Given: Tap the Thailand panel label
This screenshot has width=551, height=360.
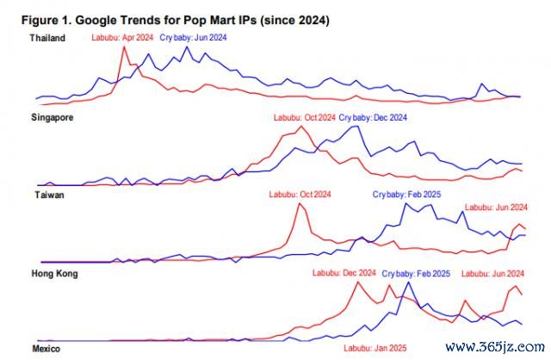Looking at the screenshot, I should click(x=47, y=38).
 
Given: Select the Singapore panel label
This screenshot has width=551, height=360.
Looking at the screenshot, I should click(x=51, y=117).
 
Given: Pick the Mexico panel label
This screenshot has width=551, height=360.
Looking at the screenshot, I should click(x=46, y=349).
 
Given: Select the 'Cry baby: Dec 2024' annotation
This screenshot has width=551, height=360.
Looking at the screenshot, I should click(x=373, y=117).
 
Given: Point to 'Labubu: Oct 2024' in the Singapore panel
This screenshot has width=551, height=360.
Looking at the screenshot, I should click(x=304, y=117).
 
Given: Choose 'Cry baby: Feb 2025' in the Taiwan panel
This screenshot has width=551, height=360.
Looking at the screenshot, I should click(x=406, y=196).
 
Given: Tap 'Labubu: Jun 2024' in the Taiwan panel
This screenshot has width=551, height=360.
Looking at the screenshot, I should click(x=496, y=208).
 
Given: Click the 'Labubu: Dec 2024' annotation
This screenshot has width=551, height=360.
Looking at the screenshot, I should click(x=345, y=273).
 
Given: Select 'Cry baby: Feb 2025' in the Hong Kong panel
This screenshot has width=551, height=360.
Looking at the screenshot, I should click(x=416, y=273).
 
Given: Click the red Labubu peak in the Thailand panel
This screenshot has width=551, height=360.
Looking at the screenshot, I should click(x=126, y=47).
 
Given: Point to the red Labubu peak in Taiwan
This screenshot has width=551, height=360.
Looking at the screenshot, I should click(x=300, y=204).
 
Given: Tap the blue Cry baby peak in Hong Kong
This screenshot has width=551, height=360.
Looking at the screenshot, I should click(x=406, y=282).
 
